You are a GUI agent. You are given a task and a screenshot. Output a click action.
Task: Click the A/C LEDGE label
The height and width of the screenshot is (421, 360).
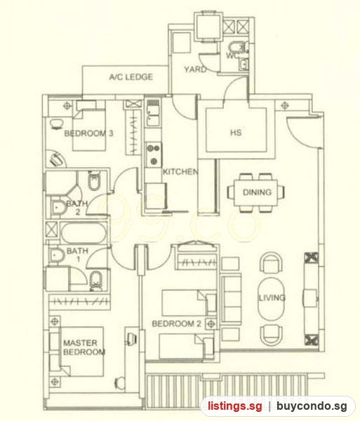(x=131, y=77)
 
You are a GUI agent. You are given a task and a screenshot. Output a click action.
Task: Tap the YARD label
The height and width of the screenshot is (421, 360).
(x=195, y=69)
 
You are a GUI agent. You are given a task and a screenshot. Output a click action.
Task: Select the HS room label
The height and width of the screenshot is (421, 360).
(x=236, y=133)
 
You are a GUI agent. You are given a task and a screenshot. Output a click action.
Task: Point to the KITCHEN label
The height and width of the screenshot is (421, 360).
(x=180, y=172)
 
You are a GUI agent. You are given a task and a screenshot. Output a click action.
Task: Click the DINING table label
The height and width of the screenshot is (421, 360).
(x=257, y=192)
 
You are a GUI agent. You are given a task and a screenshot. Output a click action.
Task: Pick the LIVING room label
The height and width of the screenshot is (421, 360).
(x=272, y=298)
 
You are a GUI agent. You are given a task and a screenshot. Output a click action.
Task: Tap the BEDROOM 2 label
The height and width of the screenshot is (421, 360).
(x=176, y=323)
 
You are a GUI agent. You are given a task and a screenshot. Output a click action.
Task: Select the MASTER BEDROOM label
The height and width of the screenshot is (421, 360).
(x=84, y=347)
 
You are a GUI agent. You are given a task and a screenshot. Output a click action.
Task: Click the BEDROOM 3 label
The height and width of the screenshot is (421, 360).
(x=88, y=133)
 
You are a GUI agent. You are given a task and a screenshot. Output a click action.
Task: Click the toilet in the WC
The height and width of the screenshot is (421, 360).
(x=236, y=47)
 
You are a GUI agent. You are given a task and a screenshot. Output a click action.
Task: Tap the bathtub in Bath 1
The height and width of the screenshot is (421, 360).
(x=84, y=232)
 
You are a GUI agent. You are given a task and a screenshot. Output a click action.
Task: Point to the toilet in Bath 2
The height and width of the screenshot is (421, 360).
(x=94, y=180)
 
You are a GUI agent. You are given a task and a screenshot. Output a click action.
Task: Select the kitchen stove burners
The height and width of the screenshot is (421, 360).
(x=154, y=154)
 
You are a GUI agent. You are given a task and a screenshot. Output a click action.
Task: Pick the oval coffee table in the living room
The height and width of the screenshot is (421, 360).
(x=271, y=298)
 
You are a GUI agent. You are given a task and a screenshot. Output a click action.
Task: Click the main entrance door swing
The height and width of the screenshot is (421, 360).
(x=303, y=133)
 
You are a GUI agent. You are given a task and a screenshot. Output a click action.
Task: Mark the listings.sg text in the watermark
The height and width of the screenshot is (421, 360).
(x=235, y=406)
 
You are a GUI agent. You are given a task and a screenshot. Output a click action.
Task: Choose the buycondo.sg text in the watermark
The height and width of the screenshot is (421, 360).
(x=312, y=406)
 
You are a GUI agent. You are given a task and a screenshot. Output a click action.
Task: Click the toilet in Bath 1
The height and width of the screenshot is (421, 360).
(x=95, y=281)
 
